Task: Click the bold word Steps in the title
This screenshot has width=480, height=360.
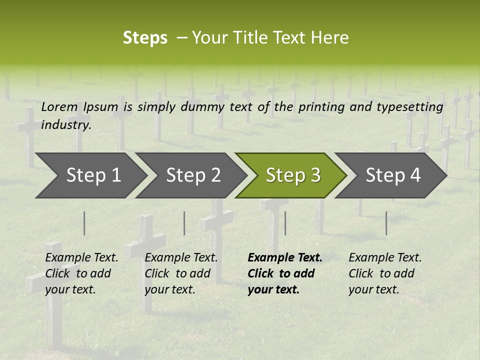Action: (145, 38)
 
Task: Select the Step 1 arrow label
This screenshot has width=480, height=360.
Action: (93, 175)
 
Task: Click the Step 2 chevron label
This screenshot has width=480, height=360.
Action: (193, 175)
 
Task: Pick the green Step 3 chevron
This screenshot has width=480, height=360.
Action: (293, 175)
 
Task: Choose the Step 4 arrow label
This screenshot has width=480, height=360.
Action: (393, 175)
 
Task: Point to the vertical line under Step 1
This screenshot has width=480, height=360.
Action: (84, 223)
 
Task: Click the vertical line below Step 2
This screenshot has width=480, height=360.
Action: (184, 223)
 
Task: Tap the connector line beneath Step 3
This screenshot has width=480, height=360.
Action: (285, 223)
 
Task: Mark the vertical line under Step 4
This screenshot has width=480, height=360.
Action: (386, 223)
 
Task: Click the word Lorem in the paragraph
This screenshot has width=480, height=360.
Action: (59, 106)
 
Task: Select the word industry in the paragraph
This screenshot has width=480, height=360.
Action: (66, 125)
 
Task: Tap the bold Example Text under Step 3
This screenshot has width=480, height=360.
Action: (285, 257)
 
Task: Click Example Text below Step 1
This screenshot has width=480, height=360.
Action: (81, 257)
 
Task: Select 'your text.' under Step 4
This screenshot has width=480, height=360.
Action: (373, 289)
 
